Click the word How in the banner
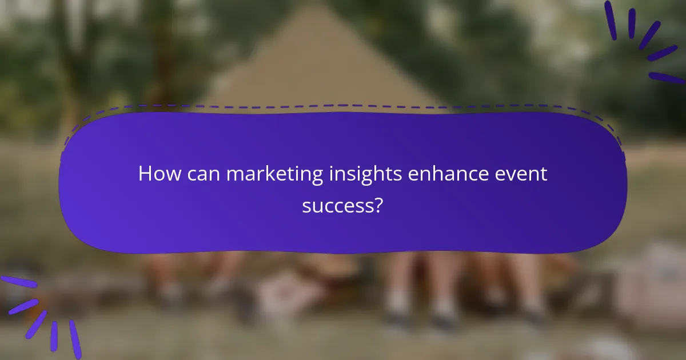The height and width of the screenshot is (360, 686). coord(157,174)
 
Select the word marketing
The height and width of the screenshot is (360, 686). coord(274,174)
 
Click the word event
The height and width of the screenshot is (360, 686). coord(524,174)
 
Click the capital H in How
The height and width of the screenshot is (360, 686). coord(145,174)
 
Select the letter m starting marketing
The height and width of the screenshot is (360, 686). coord(235,175)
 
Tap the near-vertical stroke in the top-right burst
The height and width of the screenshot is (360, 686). coord(632,23)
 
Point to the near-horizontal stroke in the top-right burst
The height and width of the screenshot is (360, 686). coord(667,78)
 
